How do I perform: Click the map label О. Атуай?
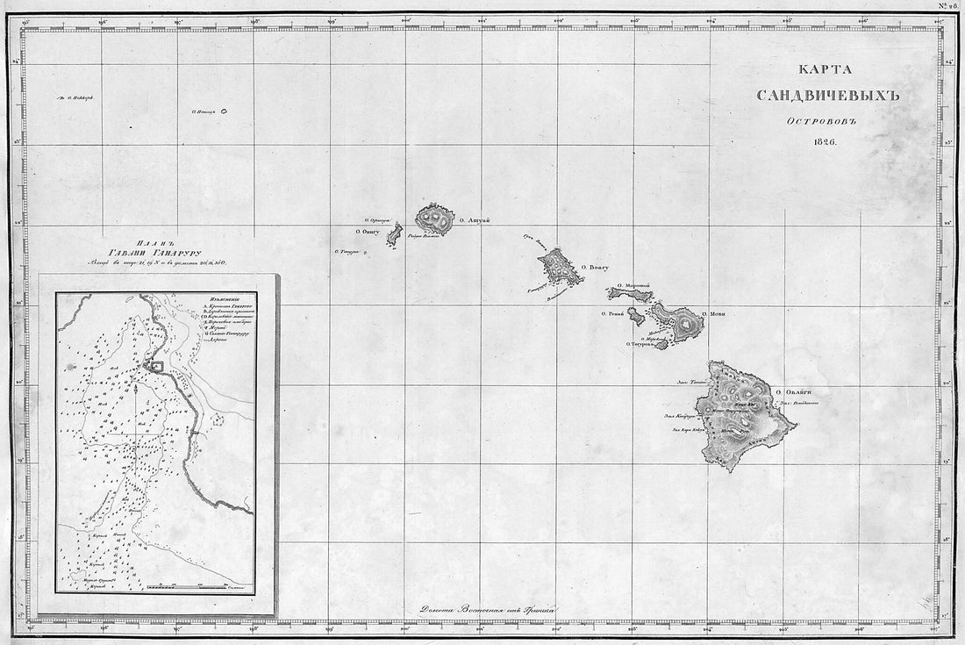coord(473,220)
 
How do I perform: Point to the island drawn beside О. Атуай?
coord(435,219)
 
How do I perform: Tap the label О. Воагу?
coord(594,267)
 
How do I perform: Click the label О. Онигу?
coord(368,232)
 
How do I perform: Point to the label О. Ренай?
coord(612,313)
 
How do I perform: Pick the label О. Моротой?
coord(633,285)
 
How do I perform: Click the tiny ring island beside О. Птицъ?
coord(224,111)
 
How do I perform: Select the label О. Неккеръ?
coord(75,98)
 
